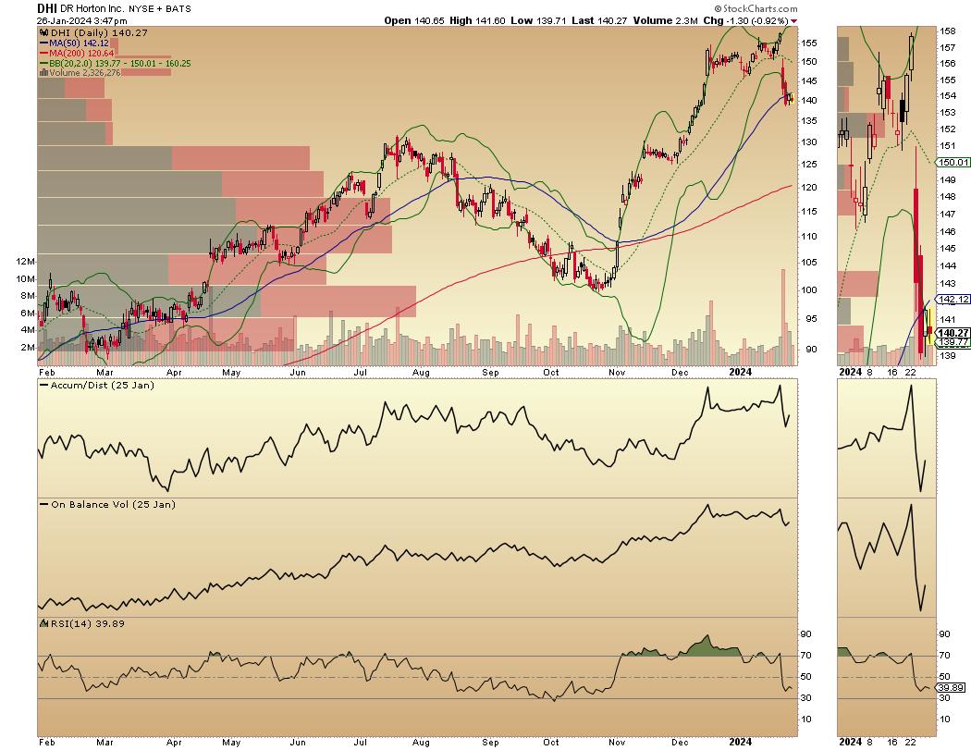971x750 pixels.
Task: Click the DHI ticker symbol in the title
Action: pyautogui.click(x=47, y=7)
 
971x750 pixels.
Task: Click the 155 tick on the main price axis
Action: pyautogui.click(x=810, y=43)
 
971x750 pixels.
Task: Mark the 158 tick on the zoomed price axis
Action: pyautogui.click(x=947, y=31)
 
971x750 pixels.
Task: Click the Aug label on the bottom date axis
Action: pyautogui.click(x=421, y=742)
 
